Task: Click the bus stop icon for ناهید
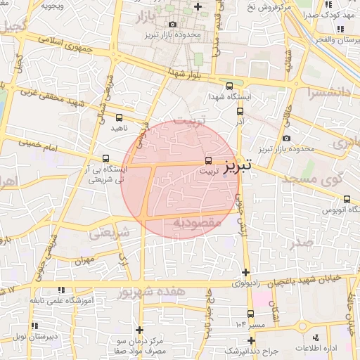(x=118, y=117)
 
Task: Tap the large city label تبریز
(x=241, y=166)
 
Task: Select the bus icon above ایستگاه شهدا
(x=230, y=86)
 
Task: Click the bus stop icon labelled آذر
(x=240, y=110)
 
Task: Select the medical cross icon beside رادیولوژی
(x=245, y=272)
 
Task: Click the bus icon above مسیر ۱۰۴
(x=251, y=314)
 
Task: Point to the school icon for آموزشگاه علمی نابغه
(x=59, y=290)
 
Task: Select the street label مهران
(x=84, y=261)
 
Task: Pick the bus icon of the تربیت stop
(x=207, y=161)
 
